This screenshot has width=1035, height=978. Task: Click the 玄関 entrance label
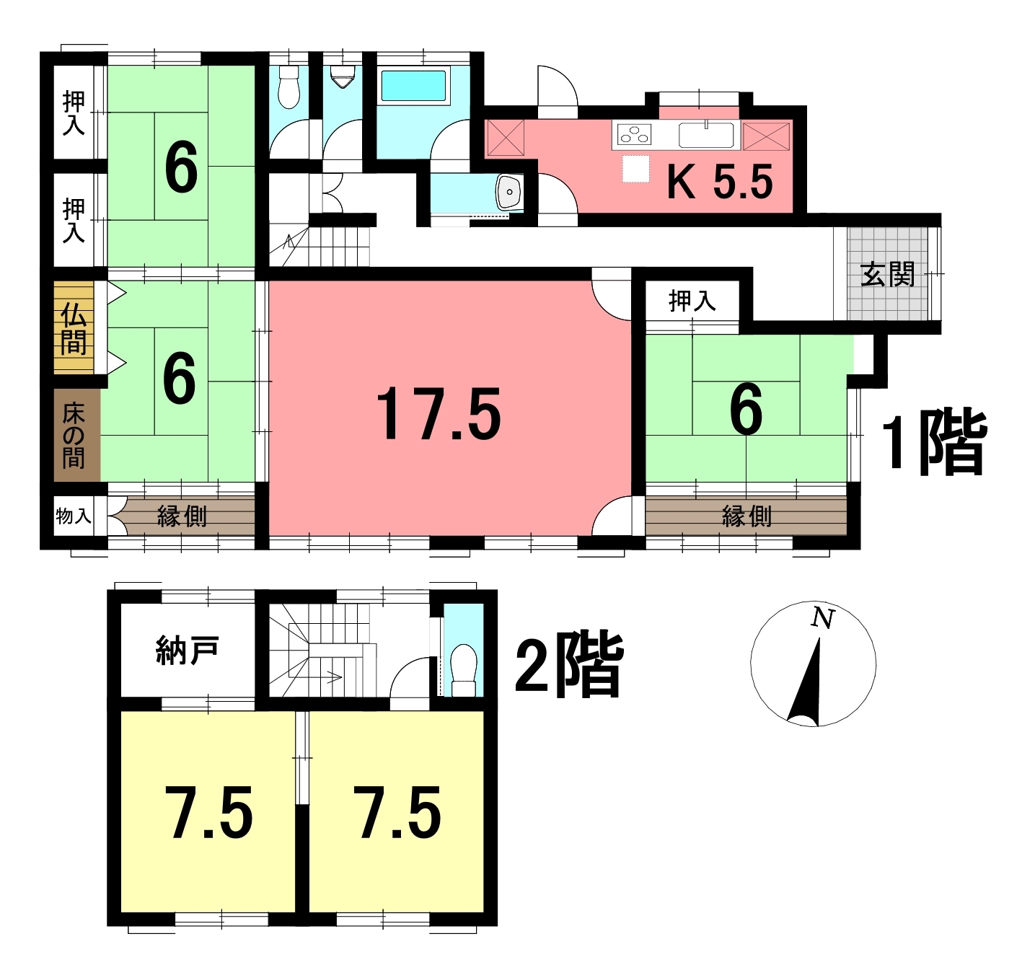(887, 274)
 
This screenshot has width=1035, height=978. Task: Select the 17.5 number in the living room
(439, 413)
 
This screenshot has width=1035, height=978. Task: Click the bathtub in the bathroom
(413, 86)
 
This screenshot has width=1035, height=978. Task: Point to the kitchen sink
(706, 135)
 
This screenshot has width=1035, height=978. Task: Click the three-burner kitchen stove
(634, 134)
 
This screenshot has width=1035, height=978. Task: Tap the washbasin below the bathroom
(509, 192)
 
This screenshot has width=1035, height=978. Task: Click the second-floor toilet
(463, 670)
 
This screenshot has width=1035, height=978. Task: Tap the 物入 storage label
(74, 516)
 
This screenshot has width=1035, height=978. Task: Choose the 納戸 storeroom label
(187, 650)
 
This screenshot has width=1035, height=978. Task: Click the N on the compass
(822, 619)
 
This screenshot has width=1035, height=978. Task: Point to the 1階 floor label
(934, 442)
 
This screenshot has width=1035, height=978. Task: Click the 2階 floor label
(569, 664)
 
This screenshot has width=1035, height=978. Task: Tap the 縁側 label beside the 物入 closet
(182, 516)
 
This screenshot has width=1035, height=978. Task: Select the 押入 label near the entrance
(692, 301)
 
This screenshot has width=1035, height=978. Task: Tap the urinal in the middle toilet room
(343, 77)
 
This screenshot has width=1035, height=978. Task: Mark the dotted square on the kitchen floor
(636, 169)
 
